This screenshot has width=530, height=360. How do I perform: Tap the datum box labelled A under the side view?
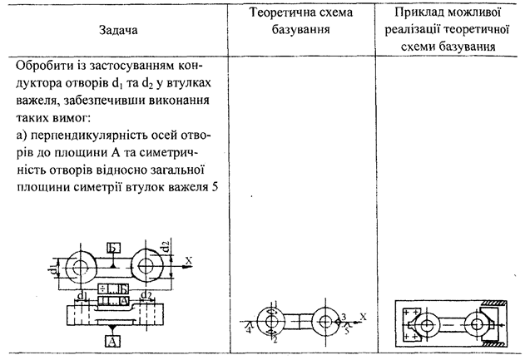pyautogui.click(x=111, y=340)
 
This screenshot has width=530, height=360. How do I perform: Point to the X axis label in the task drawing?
pyautogui.click(x=189, y=259)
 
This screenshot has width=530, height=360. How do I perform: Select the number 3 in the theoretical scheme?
pyautogui.click(x=342, y=316)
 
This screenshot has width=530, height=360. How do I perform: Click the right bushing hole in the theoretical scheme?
pyautogui.click(x=324, y=322)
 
